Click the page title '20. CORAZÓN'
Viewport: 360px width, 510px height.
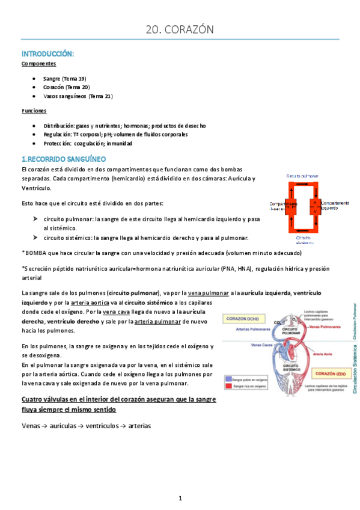pos(180,29)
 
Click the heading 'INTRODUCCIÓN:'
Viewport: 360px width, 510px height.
pos(47,54)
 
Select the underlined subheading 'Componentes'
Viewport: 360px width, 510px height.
pos(38,63)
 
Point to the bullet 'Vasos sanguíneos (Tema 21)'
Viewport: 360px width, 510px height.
pos(78,96)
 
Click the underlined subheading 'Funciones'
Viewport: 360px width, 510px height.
pos(34,111)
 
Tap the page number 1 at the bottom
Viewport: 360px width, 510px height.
pos(180,498)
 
